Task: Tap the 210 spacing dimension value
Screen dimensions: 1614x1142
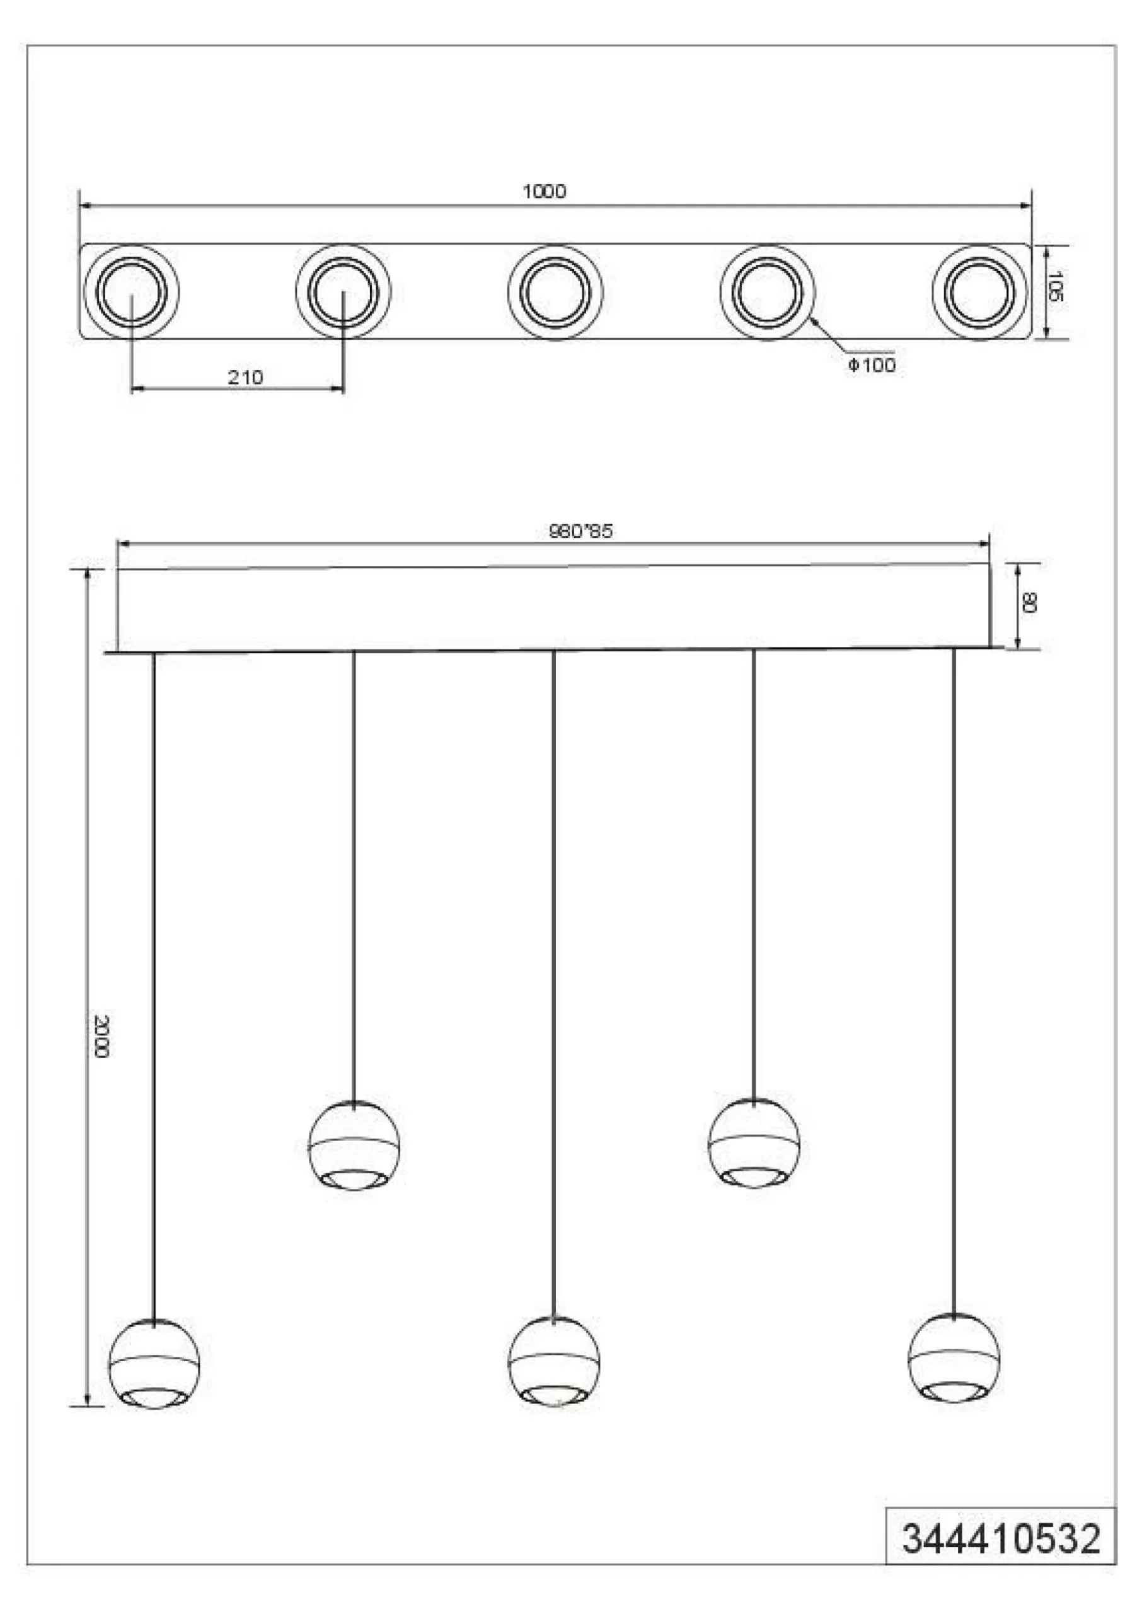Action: (x=245, y=378)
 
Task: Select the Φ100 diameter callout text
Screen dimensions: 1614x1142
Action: (x=871, y=365)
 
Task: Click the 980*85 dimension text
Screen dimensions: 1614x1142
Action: (x=580, y=531)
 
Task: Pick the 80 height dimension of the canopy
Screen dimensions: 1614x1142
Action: (x=1029, y=603)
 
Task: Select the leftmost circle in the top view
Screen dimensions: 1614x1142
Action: (x=132, y=291)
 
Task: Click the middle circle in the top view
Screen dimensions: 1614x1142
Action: (x=555, y=291)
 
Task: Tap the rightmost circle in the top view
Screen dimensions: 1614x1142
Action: (x=979, y=291)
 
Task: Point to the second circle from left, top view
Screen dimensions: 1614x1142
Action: (x=343, y=291)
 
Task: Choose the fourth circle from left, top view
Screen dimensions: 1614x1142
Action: (x=767, y=291)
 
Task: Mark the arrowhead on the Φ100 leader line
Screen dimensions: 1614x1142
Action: (x=813, y=322)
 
